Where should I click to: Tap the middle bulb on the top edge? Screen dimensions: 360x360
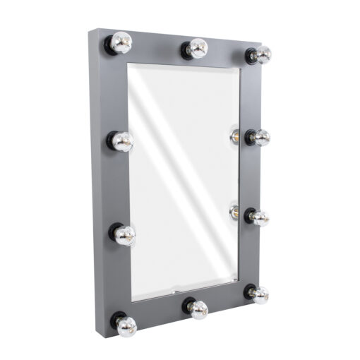197,48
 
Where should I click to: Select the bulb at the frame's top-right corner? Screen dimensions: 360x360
262,55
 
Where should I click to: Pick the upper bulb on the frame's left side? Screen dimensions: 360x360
122,141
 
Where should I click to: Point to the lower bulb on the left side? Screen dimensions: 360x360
124,234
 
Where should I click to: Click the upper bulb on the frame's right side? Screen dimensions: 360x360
260,138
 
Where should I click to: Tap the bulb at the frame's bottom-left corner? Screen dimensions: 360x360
126,325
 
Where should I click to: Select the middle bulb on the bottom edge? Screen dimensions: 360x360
198,309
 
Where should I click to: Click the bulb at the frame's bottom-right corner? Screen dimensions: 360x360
259,294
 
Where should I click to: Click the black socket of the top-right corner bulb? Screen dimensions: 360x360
251,55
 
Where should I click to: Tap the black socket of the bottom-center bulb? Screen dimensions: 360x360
188,306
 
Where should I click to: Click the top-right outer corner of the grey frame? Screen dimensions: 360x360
269,48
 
